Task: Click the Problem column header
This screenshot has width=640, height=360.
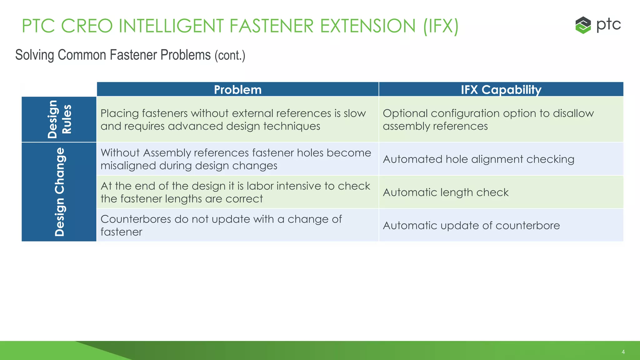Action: click(237, 90)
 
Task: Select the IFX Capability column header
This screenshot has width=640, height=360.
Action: click(501, 90)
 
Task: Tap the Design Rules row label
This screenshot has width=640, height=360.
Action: click(59, 119)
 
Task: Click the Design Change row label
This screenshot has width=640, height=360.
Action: click(59, 192)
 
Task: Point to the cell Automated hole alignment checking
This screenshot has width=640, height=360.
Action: click(478, 159)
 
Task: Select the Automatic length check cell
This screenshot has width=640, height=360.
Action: click(446, 192)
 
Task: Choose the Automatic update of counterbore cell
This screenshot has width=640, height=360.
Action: click(471, 226)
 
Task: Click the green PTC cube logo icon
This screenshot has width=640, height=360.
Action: click(583, 25)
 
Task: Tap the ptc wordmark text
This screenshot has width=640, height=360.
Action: click(608, 24)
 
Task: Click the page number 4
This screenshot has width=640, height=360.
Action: click(623, 352)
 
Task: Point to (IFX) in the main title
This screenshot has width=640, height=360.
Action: click(441, 26)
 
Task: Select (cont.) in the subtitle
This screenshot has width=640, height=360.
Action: click(230, 56)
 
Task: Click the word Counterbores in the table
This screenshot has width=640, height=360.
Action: click(136, 219)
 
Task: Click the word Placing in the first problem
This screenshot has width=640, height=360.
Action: click(120, 113)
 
